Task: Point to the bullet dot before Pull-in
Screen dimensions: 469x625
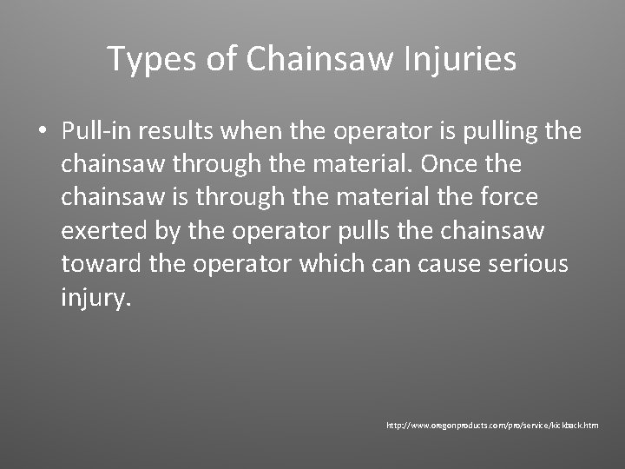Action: [42, 132]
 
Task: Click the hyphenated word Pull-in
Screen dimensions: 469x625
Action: [93, 131]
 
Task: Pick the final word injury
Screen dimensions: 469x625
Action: [95, 297]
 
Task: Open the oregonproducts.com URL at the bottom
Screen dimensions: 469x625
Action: [493, 426]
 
